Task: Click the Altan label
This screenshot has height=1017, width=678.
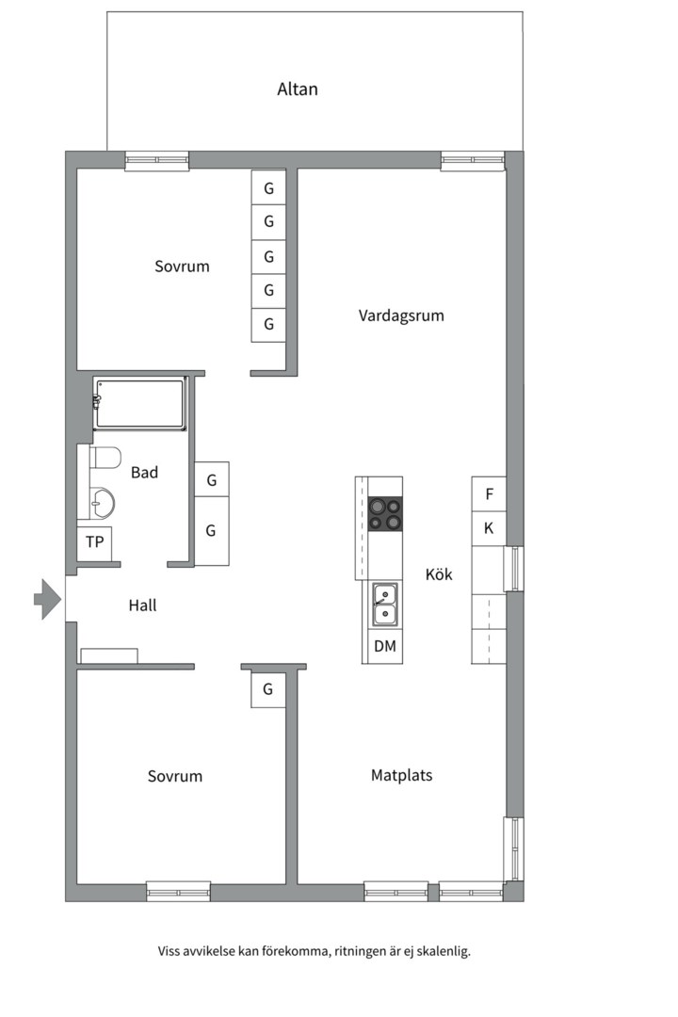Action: coord(298,89)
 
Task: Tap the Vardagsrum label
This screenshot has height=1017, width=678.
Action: coord(400,315)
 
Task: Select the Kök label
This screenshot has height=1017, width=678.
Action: coord(439,573)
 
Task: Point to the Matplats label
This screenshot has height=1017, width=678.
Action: coord(401,776)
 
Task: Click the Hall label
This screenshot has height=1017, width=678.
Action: coord(142,605)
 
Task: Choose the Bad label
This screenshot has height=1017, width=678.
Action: coord(144,473)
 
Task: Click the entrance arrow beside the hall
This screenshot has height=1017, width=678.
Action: coord(47,599)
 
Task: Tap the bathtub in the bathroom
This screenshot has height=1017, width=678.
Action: coord(140,403)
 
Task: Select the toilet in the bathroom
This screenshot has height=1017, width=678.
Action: coord(105,458)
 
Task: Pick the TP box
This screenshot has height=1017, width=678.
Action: coord(94,542)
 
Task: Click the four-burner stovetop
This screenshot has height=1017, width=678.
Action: coord(385,514)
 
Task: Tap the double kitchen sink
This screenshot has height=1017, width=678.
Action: coord(384,604)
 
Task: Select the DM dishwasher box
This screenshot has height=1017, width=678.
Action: coord(384,646)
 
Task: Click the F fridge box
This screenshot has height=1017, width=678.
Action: coord(489,493)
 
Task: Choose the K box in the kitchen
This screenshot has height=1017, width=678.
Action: coord(489,528)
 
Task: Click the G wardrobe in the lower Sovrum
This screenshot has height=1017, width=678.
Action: coord(268,689)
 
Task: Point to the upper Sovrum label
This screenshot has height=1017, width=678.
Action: coord(182,266)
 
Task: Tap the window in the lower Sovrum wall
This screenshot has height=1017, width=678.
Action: coord(178,891)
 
